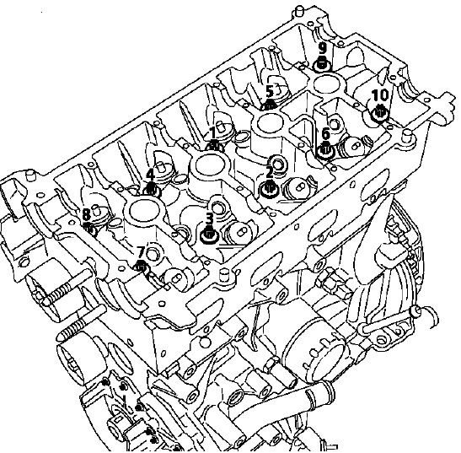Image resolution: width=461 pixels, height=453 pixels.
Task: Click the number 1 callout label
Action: click(213, 133)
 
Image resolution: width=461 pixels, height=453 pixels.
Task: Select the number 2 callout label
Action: click(269, 173)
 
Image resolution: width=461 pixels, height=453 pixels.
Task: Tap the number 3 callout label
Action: click(209, 218)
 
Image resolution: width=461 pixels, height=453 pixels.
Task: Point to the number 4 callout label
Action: click(150, 175)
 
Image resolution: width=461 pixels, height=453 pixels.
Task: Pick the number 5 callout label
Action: click(270, 92)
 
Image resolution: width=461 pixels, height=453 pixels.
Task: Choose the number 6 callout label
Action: click(325, 134)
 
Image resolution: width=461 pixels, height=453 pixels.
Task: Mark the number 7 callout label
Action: click(141, 252)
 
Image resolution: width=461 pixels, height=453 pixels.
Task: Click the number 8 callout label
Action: click(86, 214)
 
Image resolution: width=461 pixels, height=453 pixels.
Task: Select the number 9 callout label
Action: click(323, 47)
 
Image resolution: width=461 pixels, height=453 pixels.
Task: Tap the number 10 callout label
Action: click(380, 95)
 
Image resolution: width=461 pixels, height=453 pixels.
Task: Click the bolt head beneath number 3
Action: click(209, 235)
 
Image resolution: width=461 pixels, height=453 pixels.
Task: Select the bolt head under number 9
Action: click(322, 63)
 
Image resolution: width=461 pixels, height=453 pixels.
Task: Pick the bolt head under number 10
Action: click(380, 113)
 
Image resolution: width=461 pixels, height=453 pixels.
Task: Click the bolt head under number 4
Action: click(151, 191)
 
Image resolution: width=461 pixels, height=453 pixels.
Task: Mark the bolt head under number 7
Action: click(142, 267)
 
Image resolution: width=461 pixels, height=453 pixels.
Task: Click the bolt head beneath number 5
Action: click(270, 105)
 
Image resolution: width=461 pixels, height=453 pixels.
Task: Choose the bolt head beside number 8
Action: click(89, 229)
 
